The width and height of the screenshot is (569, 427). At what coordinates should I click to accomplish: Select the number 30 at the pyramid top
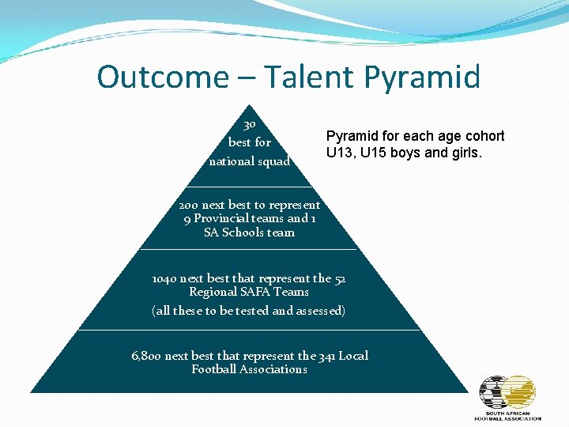pyautogui.click(x=249, y=124)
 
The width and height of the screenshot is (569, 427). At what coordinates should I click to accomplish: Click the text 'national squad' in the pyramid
pyautogui.click(x=249, y=161)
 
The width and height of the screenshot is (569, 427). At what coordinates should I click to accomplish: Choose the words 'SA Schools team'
pyautogui.click(x=249, y=232)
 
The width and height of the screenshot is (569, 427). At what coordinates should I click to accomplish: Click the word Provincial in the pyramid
pyautogui.click(x=222, y=218)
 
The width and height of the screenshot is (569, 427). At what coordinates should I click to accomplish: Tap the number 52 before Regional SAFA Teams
pyautogui.click(x=339, y=278)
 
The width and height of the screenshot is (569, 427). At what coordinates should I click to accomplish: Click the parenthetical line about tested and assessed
pyautogui.click(x=249, y=311)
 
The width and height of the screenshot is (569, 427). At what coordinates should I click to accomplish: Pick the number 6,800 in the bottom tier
pyautogui.click(x=147, y=356)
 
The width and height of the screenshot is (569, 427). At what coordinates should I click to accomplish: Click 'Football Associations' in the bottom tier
pyautogui.click(x=249, y=369)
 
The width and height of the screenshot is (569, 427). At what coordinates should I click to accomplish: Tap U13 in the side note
pyautogui.click(x=338, y=153)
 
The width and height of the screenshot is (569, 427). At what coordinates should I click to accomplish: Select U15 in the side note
pyautogui.click(x=371, y=153)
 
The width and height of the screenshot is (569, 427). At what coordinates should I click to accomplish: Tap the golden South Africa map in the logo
pyautogui.click(x=520, y=392)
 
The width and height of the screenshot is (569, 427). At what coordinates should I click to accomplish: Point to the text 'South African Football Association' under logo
pyautogui.click(x=507, y=415)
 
